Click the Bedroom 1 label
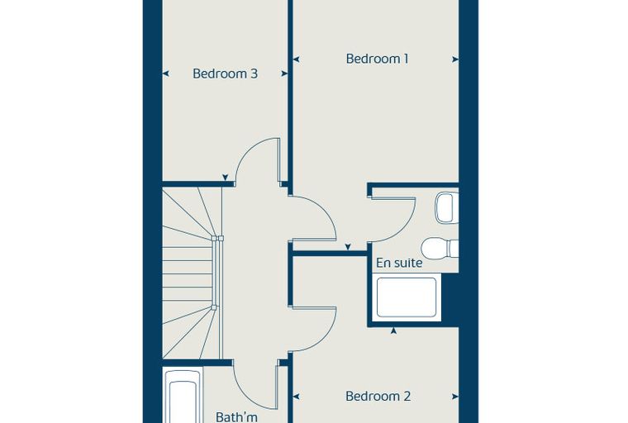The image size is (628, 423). (377, 59)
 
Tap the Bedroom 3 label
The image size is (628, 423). (225, 74)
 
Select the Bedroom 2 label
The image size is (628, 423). (378, 397)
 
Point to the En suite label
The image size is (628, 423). (399, 263)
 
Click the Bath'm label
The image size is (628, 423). (236, 417)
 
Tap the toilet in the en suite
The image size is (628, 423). (440, 248)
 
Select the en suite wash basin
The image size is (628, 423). (446, 207)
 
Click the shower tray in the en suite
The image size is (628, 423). (406, 297)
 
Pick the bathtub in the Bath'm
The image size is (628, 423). (183, 396)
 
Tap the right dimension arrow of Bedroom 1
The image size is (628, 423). (455, 59)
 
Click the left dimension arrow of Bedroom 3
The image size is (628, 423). (165, 74)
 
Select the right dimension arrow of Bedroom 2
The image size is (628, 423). (455, 397)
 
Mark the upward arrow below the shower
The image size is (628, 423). (394, 330)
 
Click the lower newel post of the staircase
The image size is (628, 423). (214, 307)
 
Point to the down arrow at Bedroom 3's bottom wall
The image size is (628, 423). (225, 178)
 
